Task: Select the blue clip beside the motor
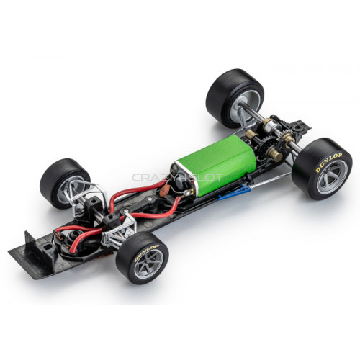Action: [235, 193]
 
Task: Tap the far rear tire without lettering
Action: [234, 97]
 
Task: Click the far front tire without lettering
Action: [63, 181]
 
